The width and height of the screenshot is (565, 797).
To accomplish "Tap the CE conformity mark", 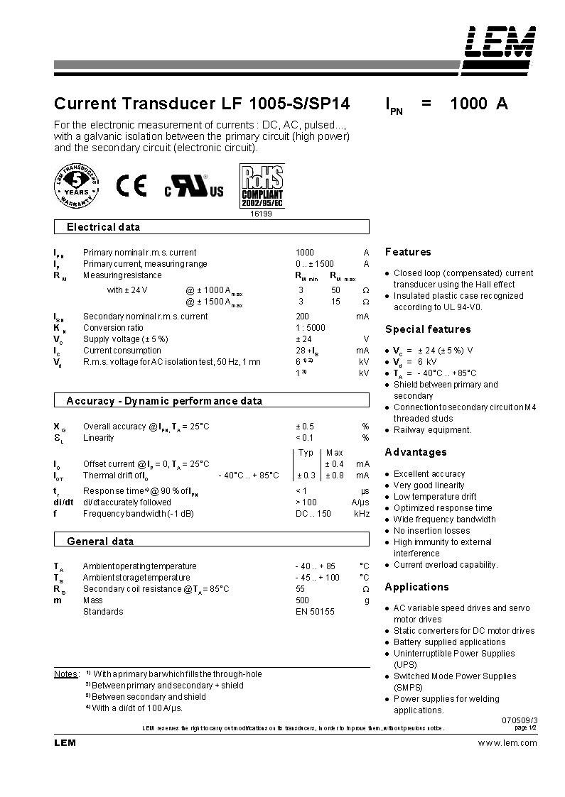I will point(131,186).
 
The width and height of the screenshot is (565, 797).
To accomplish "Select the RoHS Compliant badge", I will point(262,186).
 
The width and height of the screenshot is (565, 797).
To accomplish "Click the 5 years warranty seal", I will point(76,185).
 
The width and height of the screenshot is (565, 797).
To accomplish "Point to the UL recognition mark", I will point(194,187).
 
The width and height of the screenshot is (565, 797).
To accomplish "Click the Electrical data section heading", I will point(103,227).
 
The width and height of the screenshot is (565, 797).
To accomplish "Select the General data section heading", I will point(100,542).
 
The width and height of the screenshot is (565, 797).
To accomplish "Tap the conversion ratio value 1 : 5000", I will point(311,328).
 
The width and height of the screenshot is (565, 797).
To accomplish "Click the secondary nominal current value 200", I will point(303,317).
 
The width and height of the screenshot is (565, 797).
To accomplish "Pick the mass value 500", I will point(303,600).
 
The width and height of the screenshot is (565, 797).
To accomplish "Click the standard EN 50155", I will point(315,612).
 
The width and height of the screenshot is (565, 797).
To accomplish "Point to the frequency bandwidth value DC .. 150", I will point(313,514).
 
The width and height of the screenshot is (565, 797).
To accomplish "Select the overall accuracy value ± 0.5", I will point(305,427).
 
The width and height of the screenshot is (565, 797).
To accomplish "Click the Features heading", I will point(408,252).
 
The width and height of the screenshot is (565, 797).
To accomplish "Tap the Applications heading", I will point(416,587).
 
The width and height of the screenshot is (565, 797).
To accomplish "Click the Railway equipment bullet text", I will point(432,430).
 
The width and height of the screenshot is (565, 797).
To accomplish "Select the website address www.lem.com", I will point(507,743).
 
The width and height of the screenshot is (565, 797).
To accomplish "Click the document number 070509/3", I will point(520,720).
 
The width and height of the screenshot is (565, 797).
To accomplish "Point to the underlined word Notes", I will point(66,674).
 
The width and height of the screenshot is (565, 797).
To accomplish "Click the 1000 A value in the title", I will point(479,104).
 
